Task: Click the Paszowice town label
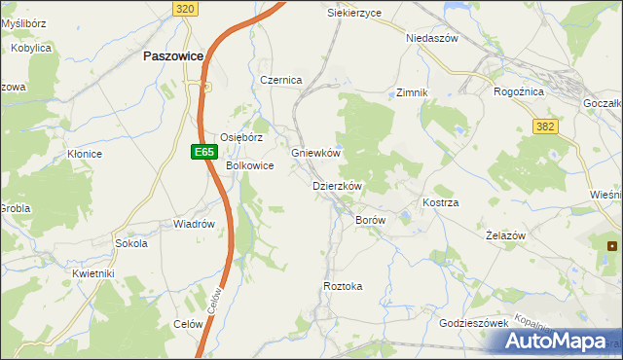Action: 172,56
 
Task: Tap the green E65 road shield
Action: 202,152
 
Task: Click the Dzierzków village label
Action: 337,186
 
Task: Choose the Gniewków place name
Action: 315,154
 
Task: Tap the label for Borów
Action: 371,221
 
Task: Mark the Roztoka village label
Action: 343,286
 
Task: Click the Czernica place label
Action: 281,80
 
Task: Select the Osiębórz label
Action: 241,137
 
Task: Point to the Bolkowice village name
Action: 250,165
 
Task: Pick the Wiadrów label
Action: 193,224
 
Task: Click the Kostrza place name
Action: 440,202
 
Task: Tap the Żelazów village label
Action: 505,236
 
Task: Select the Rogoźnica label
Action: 520,91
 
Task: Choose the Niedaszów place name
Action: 431,38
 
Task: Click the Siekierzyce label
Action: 353,13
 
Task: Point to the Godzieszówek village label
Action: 475,322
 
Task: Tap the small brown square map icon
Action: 612,246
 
